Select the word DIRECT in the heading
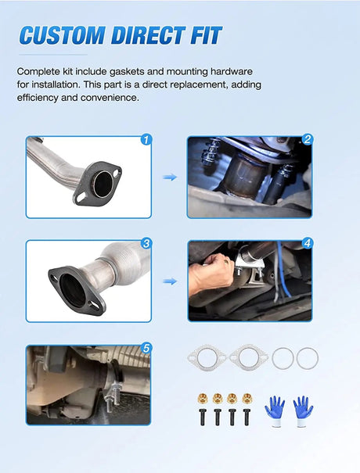pyautogui.click(x=148, y=36)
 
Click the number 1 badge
pyautogui.click(x=146, y=140)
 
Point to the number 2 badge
pyautogui.click(x=308, y=139)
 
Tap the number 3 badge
pyautogui.click(x=146, y=243)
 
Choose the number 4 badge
pyautogui.click(x=308, y=243)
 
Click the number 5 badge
pyautogui.click(x=146, y=349)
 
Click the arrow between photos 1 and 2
pyautogui.click(x=170, y=177)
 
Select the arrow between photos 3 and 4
pyautogui.click(x=170, y=281)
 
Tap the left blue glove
pyautogui.click(x=275, y=410)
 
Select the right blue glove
pyautogui.click(x=303, y=410)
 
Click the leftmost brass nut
pyautogui.click(x=203, y=399)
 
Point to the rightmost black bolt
pyautogui.click(x=247, y=417)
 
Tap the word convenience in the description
pyautogui.click(x=110, y=98)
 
